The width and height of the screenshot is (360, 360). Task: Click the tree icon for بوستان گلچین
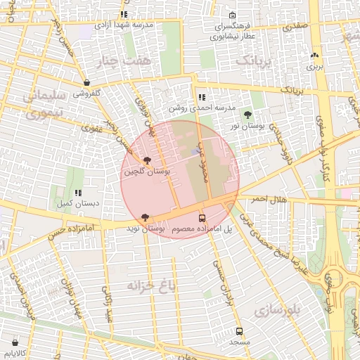pyautogui.click(x=146, y=161)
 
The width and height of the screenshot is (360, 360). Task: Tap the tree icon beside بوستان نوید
pyautogui.click(x=145, y=217)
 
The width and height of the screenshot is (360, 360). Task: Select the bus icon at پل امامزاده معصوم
pyautogui.click(x=202, y=218)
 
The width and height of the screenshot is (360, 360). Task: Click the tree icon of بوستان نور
pyautogui.click(x=247, y=114)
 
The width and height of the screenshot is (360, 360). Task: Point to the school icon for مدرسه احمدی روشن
pyautogui.click(x=202, y=98)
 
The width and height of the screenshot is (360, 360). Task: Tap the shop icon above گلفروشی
pyautogui.click(x=86, y=82)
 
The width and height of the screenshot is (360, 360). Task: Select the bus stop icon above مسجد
pyautogui.click(x=239, y=331)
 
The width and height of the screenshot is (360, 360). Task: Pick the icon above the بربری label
pyautogui.click(x=314, y=56)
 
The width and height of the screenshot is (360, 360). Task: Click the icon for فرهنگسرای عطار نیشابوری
pyautogui.click(x=233, y=15)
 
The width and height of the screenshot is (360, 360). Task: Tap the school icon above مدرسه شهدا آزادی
pyautogui.click(x=124, y=14)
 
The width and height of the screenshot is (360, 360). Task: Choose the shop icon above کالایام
pyautogui.click(x=15, y=342)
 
